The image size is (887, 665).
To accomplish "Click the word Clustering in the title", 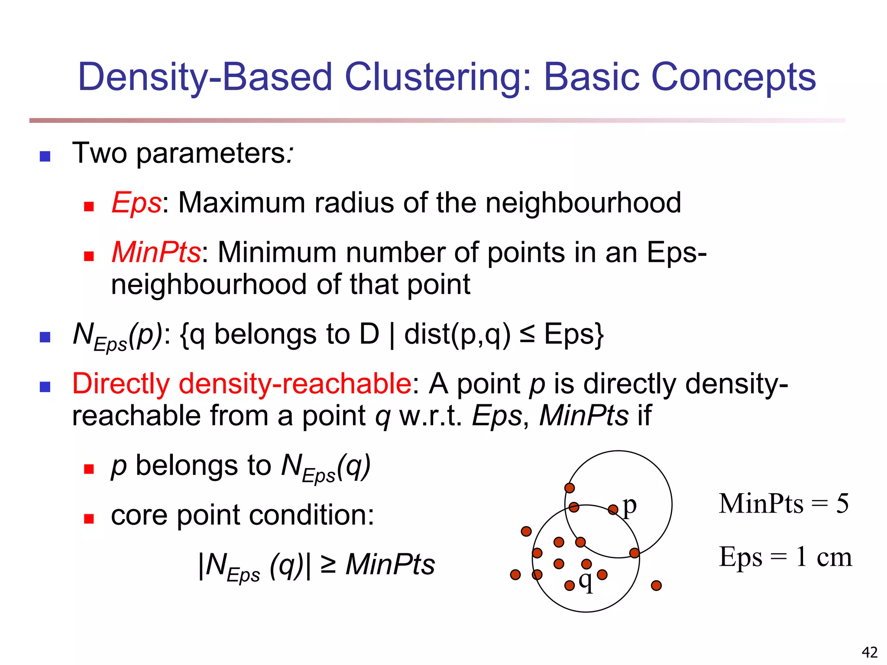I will click(x=437, y=77).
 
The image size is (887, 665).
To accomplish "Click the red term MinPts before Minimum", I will click(x=156, y=252).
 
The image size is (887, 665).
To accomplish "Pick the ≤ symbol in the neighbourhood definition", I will click(x=527, y=335).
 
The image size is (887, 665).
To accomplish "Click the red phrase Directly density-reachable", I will click(x=242, y=384).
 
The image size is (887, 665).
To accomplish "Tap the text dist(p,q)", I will click(x=457, y=335).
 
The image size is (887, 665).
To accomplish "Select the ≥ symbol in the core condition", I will click(x=328, y=565).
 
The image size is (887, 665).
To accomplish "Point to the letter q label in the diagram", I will click(x=586, y=581).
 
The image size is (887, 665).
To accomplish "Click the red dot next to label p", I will click(x=613, y=510).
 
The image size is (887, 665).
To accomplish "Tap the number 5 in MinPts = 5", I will click(x=842, y=504).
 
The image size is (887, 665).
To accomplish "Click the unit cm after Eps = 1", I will click(x=834, y=557).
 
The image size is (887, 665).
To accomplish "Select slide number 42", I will click(x=869, y=652).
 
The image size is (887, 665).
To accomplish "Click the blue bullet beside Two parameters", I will click(x=45, y=156).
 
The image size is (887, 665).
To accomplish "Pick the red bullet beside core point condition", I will click(x=89, y=519).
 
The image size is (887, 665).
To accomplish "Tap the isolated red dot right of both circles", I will click(x=656, y=586).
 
